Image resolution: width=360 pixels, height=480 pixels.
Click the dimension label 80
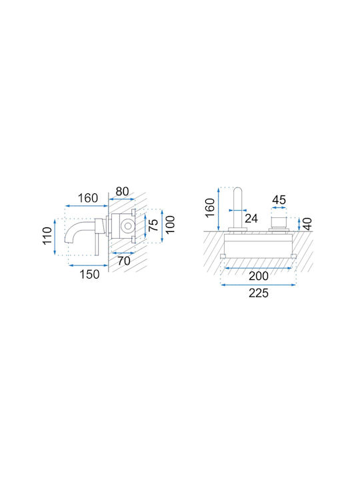point(122,191)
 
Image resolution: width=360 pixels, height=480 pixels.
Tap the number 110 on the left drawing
point(47,236)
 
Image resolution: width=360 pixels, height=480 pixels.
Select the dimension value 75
point(154,225)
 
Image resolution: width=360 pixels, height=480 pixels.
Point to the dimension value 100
point(170,225)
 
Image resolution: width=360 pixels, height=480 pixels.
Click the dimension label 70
point(124,261)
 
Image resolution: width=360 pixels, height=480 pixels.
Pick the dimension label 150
point(89,274)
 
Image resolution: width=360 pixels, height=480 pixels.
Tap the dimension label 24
point(251,219)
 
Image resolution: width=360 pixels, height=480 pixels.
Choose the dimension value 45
point(279,200)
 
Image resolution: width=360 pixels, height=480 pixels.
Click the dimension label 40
point(307,224)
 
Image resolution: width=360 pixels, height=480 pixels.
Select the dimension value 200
point(259,276)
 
